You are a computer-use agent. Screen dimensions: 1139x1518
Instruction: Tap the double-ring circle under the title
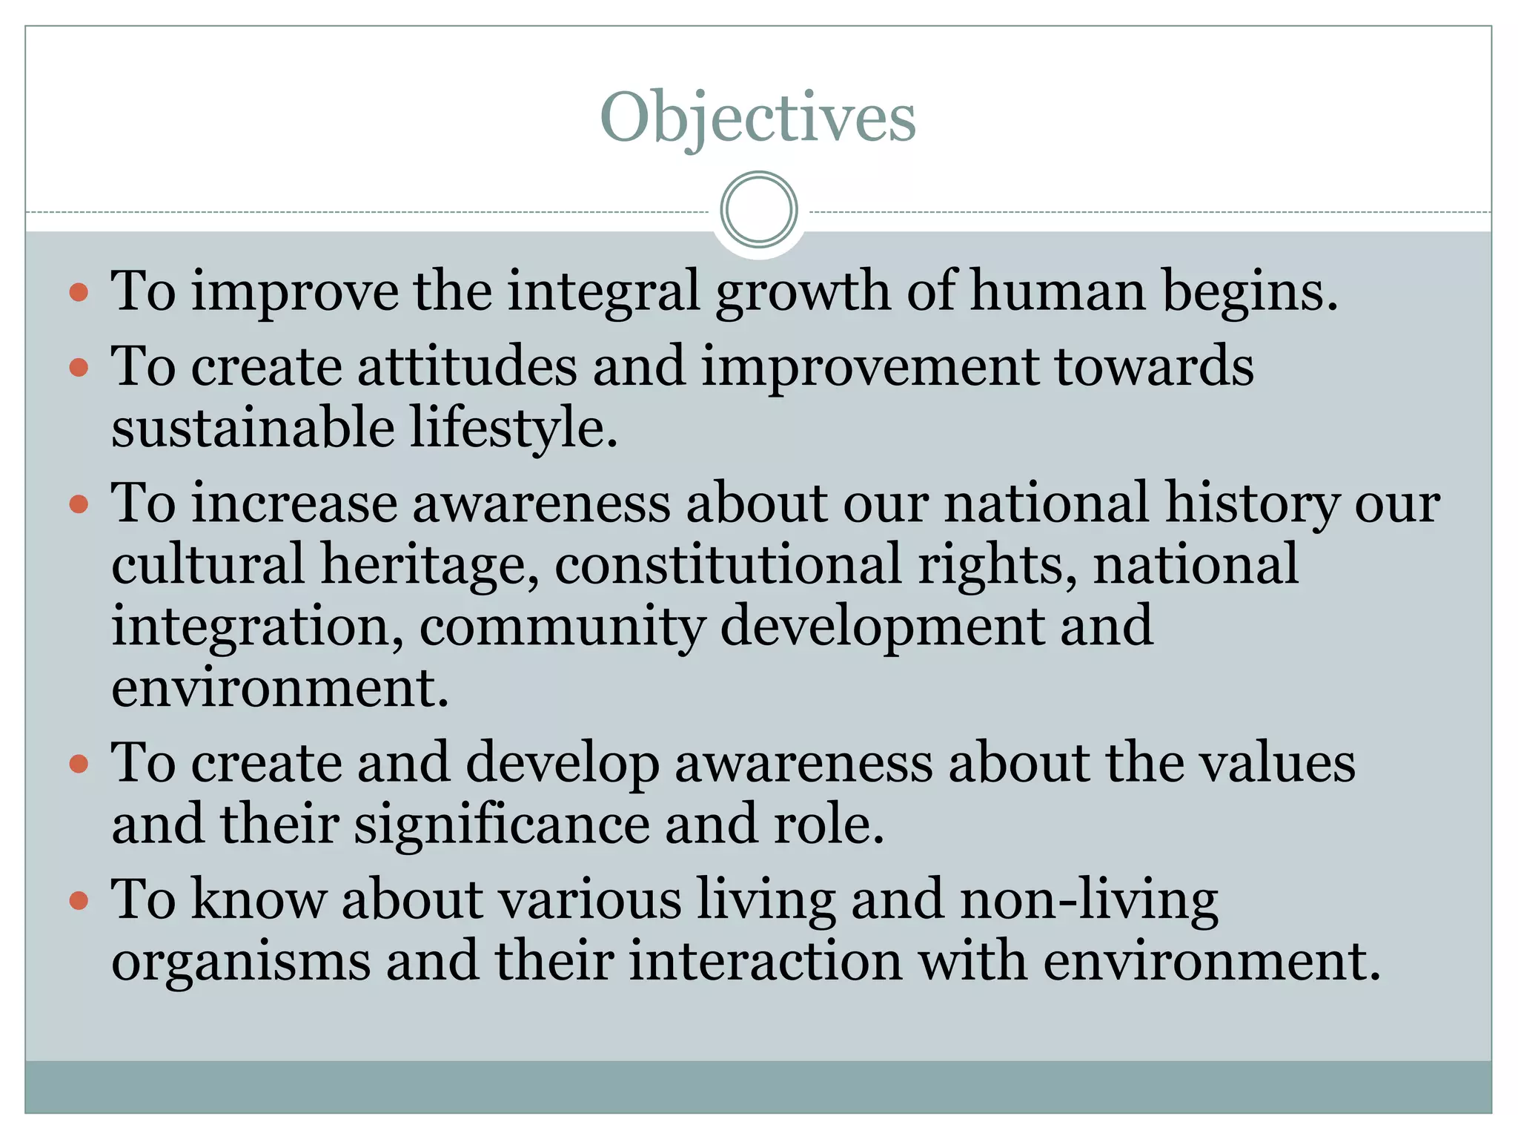[x=758, y=210]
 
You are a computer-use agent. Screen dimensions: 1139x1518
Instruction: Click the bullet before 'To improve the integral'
[x=79, y=291]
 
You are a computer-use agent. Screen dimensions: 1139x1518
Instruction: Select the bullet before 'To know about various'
[x=79, y=900]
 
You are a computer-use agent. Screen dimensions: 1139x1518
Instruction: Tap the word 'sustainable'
[x=253, y=429]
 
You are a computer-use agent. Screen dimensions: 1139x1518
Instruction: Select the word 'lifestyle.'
[x=514, y=429]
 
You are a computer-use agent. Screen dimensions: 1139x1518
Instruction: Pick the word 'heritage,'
[x=430, y=565]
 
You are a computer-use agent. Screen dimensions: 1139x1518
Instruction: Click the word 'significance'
[x=502, y=825]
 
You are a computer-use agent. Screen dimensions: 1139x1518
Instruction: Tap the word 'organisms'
[x=241, y=962]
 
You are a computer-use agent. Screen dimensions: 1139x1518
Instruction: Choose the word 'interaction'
[x=765, y=962]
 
